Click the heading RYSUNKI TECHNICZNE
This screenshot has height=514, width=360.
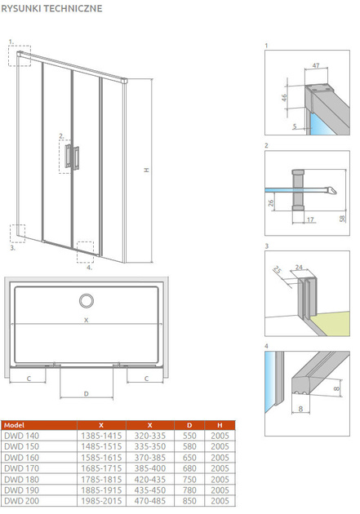51,8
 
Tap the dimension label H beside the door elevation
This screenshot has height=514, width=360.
147,171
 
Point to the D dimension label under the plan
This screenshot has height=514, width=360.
87,394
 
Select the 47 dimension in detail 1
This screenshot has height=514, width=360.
316,65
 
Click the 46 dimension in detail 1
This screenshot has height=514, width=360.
284,97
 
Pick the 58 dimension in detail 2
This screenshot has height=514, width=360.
342,219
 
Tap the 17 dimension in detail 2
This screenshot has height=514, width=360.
310,219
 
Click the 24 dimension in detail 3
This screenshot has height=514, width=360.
299,267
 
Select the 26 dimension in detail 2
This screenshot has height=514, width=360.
271,203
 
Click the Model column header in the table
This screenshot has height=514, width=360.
15,425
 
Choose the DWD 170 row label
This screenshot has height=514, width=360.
22,468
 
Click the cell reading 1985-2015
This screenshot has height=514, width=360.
101,501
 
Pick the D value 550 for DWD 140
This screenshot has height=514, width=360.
189,436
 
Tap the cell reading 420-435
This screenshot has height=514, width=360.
150,479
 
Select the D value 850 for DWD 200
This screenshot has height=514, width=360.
189,501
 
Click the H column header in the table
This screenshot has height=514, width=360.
220,425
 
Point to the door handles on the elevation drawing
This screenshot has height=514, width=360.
72,157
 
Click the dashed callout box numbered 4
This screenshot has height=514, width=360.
85,252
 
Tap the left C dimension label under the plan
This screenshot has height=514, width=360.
29,379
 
